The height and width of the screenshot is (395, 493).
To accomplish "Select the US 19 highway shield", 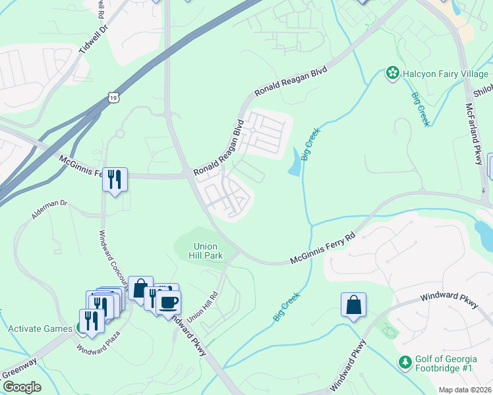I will pos(115,97).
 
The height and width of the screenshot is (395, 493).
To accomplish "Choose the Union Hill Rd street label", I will pos(202,306).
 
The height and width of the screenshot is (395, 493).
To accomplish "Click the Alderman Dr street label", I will pos(49,210).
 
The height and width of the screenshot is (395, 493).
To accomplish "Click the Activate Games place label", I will pos(39,329).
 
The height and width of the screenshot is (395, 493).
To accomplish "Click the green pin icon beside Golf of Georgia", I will pos(406,361).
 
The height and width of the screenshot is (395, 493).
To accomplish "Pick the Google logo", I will pos(21,387).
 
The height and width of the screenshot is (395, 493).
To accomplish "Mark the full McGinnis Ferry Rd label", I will pos(322,248).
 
